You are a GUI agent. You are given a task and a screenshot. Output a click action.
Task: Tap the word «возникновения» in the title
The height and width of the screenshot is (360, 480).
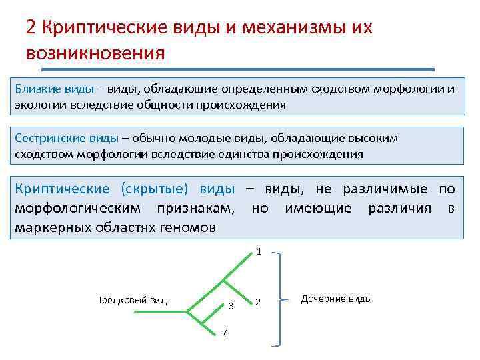click(95, 52)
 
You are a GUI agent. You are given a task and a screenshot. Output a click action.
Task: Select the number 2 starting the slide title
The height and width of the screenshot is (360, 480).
click(31, 27)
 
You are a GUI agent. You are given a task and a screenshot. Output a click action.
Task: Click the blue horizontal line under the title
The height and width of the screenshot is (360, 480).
click(239, 69)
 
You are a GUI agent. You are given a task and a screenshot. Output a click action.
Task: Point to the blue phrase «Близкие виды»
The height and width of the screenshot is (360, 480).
click(47, 89)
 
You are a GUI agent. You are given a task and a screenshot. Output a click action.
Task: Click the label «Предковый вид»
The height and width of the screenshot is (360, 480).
click(131, 300)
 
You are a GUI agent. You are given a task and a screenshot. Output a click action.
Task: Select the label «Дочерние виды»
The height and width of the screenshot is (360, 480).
click(336, 299)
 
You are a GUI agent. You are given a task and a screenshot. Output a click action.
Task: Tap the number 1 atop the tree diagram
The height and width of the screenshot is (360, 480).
click(259, 252)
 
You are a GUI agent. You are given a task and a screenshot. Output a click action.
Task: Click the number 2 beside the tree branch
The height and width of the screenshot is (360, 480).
click(259, 303)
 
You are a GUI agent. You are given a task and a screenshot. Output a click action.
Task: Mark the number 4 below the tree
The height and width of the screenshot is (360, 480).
click(225, 334)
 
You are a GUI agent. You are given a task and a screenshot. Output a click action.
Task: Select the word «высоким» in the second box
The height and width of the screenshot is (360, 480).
click(375, 138)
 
